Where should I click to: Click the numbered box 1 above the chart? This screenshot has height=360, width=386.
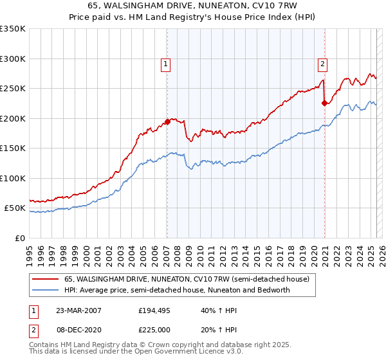pos(166,64)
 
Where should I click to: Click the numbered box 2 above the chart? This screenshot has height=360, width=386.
pos(322,64)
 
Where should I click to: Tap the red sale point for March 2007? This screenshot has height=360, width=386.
pos(167,122)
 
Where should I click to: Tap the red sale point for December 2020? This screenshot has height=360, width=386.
pos(324,103)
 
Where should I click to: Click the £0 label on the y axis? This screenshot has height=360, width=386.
pos(19,238)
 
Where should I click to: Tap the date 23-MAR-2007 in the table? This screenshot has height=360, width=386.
pos(78,310)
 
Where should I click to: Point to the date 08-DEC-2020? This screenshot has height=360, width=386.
pos(78,329)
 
